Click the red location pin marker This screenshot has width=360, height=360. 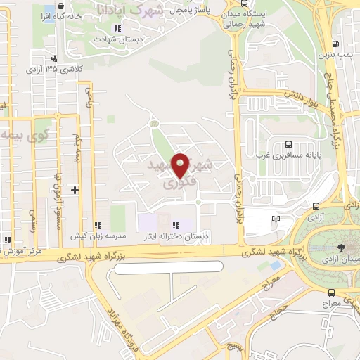(x=181, y=165)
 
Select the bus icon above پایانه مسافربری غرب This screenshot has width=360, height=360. (x=287, y=139)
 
